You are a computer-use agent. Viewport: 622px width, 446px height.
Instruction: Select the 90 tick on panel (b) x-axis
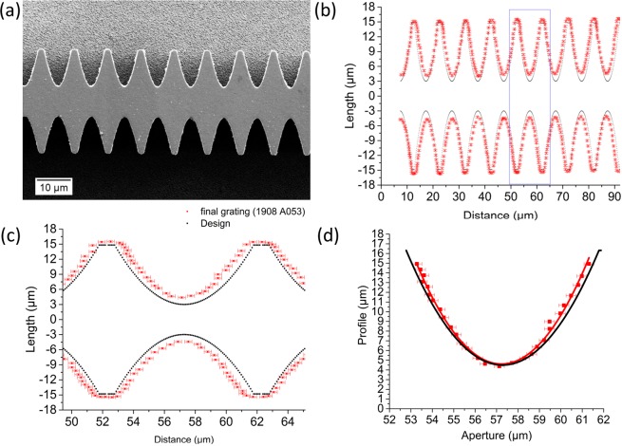click(613, 197)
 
